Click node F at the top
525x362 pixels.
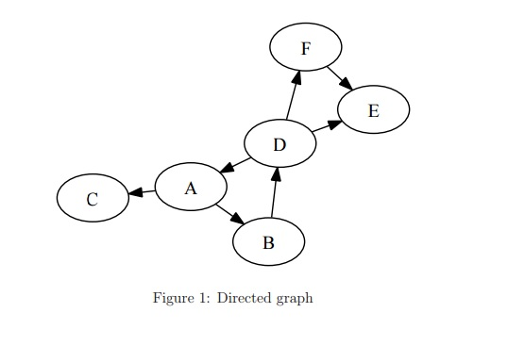tap(305, 47)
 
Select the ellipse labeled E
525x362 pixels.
tap(373, 110)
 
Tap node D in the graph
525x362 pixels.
tap(279, 144)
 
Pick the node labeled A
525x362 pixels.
tap(190, 187)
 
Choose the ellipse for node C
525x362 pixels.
tap(92, 199)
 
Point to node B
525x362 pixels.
tap(268, 242)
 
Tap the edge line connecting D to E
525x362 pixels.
tap(321, 129)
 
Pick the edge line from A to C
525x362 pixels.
tap(146, 191)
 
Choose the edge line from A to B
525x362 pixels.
tap(224, 210)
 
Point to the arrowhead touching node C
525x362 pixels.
tap(135, 193)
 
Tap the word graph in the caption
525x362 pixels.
tap(294, 299)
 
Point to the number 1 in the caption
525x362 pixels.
tap(204, 299)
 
